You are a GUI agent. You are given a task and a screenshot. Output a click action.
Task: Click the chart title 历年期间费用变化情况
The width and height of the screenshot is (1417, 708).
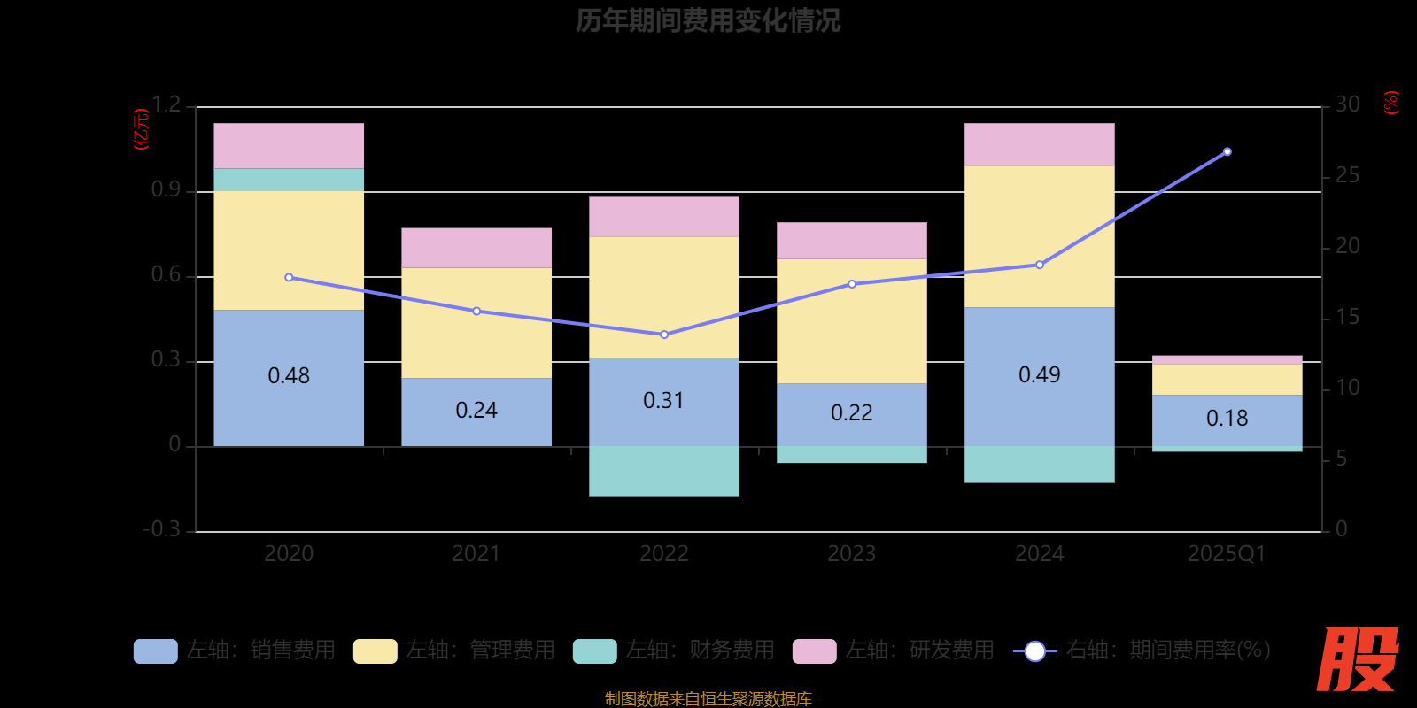click(x=708, y=20)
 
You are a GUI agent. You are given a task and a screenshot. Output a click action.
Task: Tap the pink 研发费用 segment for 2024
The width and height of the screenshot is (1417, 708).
click(x=1039, y=144)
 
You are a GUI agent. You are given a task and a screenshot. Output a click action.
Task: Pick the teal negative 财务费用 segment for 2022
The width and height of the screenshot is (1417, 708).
click(x=663, y=471)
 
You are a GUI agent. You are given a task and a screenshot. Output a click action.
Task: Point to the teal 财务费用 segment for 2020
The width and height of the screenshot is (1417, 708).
click(x=289, y=180)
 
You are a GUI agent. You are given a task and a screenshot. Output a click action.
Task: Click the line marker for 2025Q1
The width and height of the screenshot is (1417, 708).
click(x=1227, y=152)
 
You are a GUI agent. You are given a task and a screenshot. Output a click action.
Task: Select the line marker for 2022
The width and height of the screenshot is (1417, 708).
click(x=664, y=335)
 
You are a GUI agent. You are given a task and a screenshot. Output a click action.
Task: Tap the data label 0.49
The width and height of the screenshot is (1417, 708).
click(x=1039, y=375)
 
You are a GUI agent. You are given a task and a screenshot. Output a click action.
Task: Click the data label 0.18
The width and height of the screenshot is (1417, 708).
click(x=1227, y=419)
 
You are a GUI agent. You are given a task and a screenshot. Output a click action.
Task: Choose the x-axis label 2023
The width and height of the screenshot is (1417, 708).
click(x=851, y=554)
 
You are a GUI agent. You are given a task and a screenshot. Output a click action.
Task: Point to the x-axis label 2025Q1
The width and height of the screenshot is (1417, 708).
click(x=1227, y=554)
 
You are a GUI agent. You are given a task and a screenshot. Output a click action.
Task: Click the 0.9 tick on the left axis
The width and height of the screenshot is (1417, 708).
click(x=166, y=189)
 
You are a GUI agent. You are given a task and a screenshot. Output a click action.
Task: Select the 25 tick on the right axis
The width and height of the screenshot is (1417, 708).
click(x=1347, y=175)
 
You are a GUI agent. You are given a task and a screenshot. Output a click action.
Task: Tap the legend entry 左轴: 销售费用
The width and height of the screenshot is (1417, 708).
click(x=236, y=650)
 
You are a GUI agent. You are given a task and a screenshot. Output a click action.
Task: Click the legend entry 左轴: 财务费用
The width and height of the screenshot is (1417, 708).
click(x=675, y=650)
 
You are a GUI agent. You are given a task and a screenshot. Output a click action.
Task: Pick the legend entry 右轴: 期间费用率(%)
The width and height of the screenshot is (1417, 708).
click(x=1142, y=650)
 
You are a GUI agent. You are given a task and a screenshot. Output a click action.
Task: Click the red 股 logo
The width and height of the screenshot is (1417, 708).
click(x=1357, y=659)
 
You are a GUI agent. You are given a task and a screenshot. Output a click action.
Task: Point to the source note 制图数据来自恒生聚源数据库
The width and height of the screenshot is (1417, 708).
click(x=708, y=699)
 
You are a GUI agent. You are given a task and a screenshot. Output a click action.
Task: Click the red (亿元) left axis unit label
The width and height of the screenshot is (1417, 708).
click(x=141, y=130)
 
